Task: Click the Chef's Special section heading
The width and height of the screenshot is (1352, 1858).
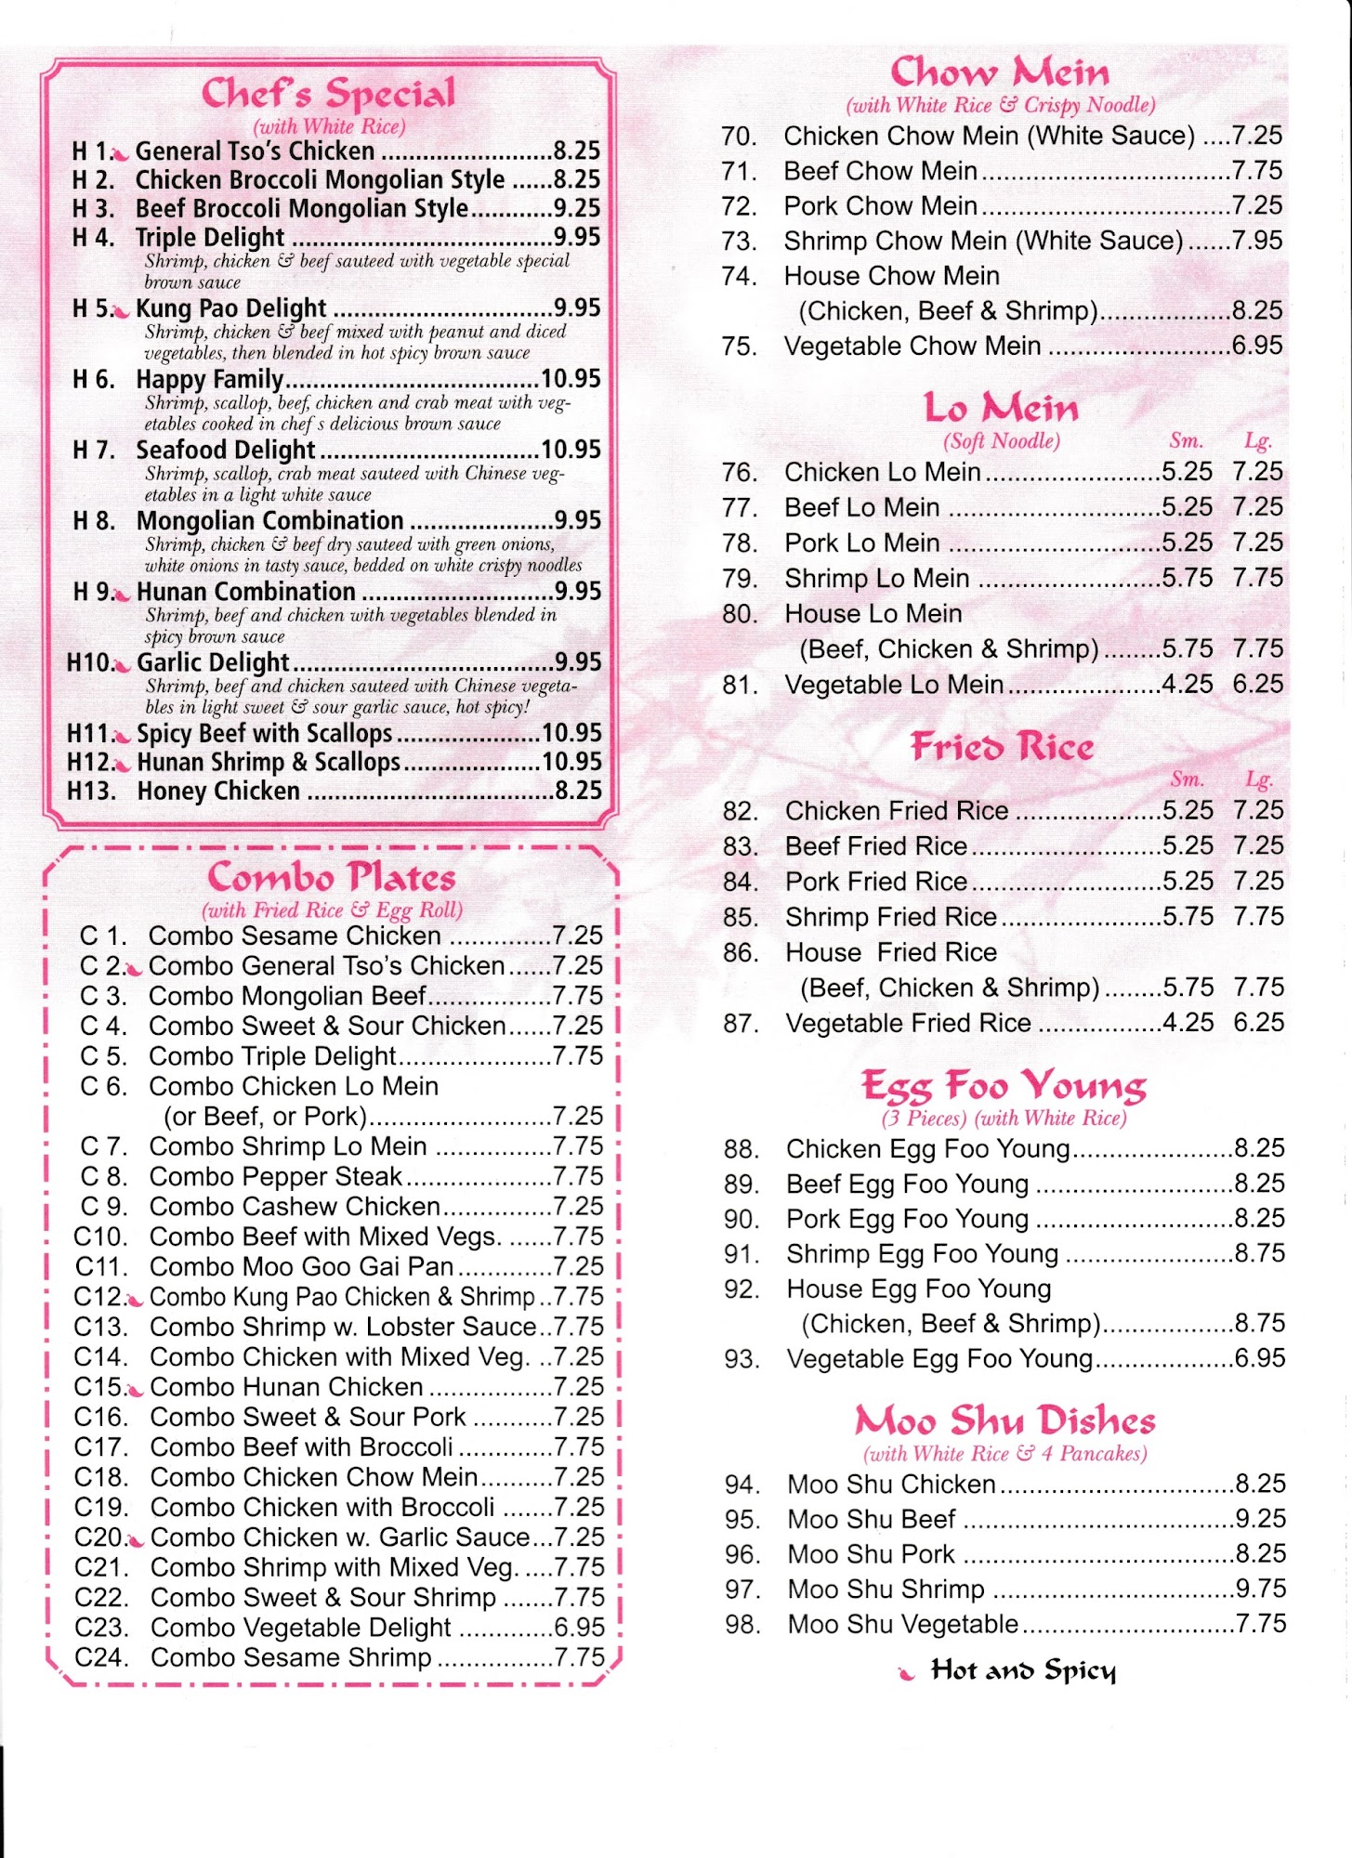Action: (x=329, y=94)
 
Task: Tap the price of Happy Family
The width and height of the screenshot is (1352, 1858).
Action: (x=571, y=379)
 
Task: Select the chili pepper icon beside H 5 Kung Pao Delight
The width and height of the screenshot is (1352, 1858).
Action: (x=120, y=311)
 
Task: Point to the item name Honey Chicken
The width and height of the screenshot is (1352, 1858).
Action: (x=218, y=792)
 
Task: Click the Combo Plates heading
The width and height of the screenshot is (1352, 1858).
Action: (x=332, y=878)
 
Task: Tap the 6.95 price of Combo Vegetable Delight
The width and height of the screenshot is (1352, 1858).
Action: (x=579, y=1628)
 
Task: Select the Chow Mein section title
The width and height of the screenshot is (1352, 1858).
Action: (x=1000, y=72)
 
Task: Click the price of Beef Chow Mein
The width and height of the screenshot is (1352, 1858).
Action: (x=1256, y=171)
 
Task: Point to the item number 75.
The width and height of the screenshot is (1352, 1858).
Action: (x=740, y=347)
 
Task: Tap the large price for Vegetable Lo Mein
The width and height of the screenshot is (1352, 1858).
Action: (x=1258, y=685)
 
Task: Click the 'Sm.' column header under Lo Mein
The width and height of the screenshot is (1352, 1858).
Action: (x=1186, y=441)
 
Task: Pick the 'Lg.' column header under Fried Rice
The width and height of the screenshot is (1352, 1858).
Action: (x=1258, y=780)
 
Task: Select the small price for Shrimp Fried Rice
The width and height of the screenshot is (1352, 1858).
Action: (x=1188, y=917)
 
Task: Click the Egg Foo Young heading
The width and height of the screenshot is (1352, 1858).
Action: (x=1004, y=1086)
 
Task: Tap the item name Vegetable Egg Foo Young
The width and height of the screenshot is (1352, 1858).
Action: (x=939, y=1359)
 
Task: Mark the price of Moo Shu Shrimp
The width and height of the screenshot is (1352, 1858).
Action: (x=1260, y=1590)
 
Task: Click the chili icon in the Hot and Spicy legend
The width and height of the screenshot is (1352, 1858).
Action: (x=906, y=1674)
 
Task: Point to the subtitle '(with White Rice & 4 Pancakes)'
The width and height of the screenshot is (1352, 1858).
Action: (x=1004, y=1454)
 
